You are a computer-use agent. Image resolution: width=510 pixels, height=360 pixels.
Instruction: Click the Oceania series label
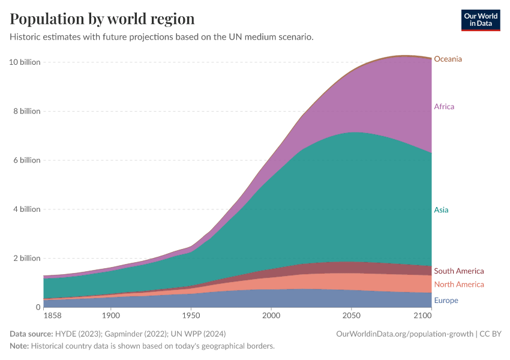coord(448,59)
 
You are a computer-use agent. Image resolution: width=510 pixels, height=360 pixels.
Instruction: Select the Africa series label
coord(444,107)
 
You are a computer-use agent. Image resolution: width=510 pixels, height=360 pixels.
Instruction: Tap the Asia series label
coord(441,210)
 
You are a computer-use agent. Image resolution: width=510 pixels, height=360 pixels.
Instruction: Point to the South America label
coord(458,271)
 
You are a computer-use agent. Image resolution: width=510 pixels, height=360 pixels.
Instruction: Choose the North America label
coord(458,284)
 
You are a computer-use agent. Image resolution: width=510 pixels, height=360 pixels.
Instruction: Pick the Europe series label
coord(446,301)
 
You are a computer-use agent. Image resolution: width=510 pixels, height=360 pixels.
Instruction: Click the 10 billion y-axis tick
coord(25,62)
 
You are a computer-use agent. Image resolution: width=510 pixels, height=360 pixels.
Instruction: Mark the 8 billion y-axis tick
coord(26,111)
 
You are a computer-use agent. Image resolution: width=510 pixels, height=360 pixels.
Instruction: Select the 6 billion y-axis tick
coord(26,160)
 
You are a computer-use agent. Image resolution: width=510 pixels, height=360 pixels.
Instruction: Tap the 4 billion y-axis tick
coord(26,209)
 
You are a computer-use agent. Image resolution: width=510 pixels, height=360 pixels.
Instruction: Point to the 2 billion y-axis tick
coord(26,258)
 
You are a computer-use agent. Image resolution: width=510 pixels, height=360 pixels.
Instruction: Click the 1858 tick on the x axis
coord(52,315)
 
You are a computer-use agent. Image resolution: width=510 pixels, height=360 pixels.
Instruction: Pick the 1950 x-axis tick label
coord(191,315)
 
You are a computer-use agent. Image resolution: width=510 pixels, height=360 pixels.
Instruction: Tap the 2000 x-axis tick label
coord(271,315)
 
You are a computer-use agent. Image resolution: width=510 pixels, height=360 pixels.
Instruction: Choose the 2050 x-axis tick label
coord(352,315)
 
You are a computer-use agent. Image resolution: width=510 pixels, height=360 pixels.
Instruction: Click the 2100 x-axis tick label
coord(422,315)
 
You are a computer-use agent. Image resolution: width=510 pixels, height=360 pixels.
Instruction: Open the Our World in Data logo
coord(481,20)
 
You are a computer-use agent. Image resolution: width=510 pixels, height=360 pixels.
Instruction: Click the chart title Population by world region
coord(102,19)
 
